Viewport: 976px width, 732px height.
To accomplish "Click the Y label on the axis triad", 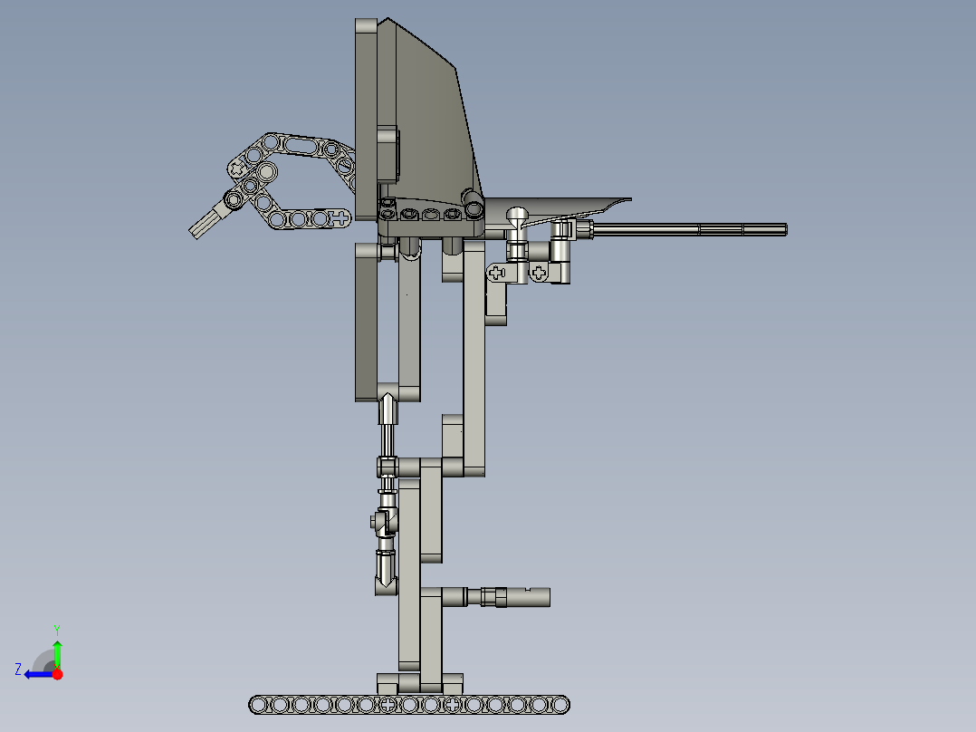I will click(56, 629).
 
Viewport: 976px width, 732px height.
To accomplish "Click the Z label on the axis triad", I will click(18, 669).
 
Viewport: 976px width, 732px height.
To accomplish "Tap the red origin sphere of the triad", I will click(57, 674).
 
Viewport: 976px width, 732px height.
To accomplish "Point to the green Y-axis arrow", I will click(57, 651).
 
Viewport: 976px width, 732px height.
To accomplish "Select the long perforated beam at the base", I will click(409, 704).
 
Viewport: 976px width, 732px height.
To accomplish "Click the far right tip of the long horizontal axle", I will click(784, 229).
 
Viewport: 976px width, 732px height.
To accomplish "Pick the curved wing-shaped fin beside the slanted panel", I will click(570, 207).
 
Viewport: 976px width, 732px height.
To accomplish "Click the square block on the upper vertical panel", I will click(387, 152).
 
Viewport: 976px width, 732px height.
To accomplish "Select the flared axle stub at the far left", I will click(206, 220).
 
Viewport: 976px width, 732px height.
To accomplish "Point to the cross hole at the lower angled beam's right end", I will click(339, 217).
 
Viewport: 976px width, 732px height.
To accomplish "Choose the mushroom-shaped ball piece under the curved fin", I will click(518, 217).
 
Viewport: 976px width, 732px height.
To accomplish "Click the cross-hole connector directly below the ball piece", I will click(497, 271).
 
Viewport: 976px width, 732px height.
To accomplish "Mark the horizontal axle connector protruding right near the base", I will click(507, 596).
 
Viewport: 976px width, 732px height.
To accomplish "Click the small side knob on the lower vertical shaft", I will click(373, 521).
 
